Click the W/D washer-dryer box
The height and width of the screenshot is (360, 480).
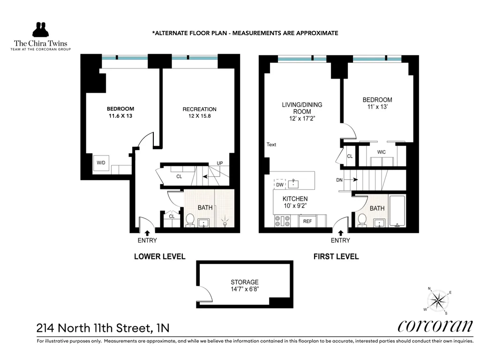(x=101, y=163)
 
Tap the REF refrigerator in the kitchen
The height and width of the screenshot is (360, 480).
(x=307, y=221)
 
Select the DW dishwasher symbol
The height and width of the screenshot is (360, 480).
(x=280, y=185)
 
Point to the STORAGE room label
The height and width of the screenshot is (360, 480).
(x=244, y=282)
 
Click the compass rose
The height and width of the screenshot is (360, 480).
(x=439, y=300)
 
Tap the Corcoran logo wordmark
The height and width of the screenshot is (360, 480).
(x=435, y=326)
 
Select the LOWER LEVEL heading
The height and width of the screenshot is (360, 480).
(x=159, y=256)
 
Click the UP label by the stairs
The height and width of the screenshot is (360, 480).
(x=219, y=163)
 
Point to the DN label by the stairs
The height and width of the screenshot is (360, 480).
(x=339, y=180)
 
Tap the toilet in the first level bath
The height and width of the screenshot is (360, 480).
(x=362, y=219)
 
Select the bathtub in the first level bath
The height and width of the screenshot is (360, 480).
(x=397, y=211)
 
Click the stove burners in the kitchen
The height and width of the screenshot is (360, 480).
(x=283, y=221)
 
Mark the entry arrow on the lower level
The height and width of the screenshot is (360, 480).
(x=147, y=232)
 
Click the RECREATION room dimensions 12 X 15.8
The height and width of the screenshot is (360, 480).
(x=199, y=117)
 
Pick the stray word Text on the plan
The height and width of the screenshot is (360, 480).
(x=271, y=144)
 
